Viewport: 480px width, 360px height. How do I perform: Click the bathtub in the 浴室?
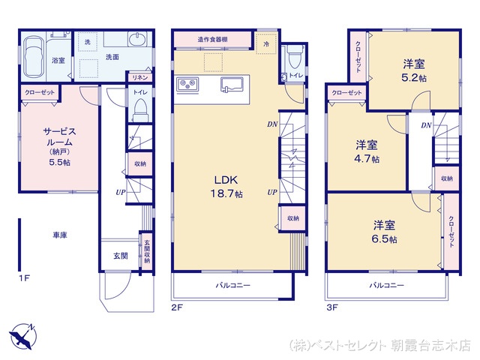[x=34, y=57]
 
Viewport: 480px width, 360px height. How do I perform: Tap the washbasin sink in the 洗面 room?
[x=136, y=40]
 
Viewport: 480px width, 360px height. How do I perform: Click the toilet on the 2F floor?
[x=295, y=57]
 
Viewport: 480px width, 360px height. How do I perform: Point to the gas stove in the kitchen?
[x=187, y=84]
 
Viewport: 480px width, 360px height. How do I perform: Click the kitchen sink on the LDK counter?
[x=232, y=85]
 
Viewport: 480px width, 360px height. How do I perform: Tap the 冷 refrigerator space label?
[x=267, y=44]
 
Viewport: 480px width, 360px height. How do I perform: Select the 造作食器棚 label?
[x=212, y=40]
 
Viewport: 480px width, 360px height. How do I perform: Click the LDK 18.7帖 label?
[x=226, y=187]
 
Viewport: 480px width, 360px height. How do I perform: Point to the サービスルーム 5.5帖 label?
[x=60, y=147]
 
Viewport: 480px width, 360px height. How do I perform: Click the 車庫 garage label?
[x=60, y=235]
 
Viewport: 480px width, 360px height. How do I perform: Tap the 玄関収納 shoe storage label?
[x=147, y=251]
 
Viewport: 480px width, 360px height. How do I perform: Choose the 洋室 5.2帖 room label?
[x=414, y=70]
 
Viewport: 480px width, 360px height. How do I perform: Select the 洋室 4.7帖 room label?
[x=367, y=151]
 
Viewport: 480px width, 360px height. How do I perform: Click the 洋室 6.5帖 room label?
[x=385, y=232]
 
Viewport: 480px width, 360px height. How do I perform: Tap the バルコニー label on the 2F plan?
[x=233, y=286]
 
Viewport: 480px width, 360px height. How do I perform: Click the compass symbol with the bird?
[x=23, y=336]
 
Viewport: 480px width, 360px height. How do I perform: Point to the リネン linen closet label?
[x=140, y=78]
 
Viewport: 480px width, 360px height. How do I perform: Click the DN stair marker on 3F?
[x=426, y=125]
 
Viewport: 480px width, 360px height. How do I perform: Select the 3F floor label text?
[x=332, y=307]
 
